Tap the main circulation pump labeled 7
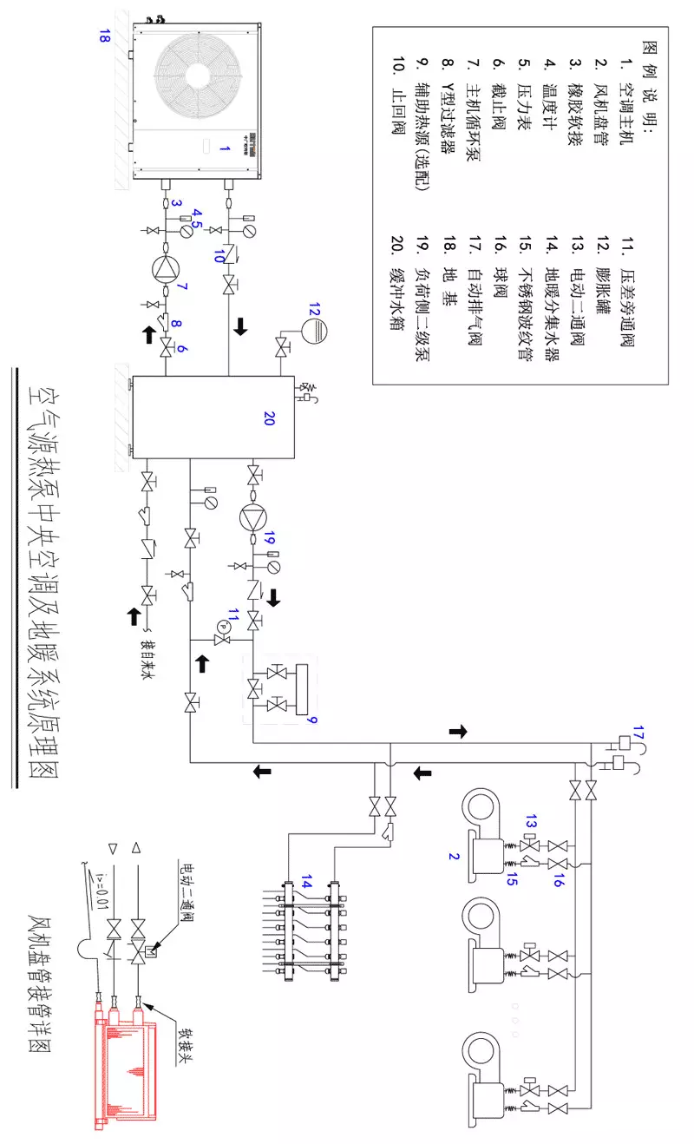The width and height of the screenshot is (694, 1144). [x=165, y=268]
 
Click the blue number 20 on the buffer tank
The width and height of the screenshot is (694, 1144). [x=269, y=419]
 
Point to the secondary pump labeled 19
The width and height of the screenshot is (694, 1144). [x=252, y=517]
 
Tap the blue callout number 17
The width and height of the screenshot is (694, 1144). [x=640, y=730]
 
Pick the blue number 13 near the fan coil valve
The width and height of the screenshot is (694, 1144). [x=531, y=821]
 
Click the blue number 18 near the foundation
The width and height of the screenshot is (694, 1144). [x=104, y=37]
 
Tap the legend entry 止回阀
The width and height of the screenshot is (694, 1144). [x=400, y=85]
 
